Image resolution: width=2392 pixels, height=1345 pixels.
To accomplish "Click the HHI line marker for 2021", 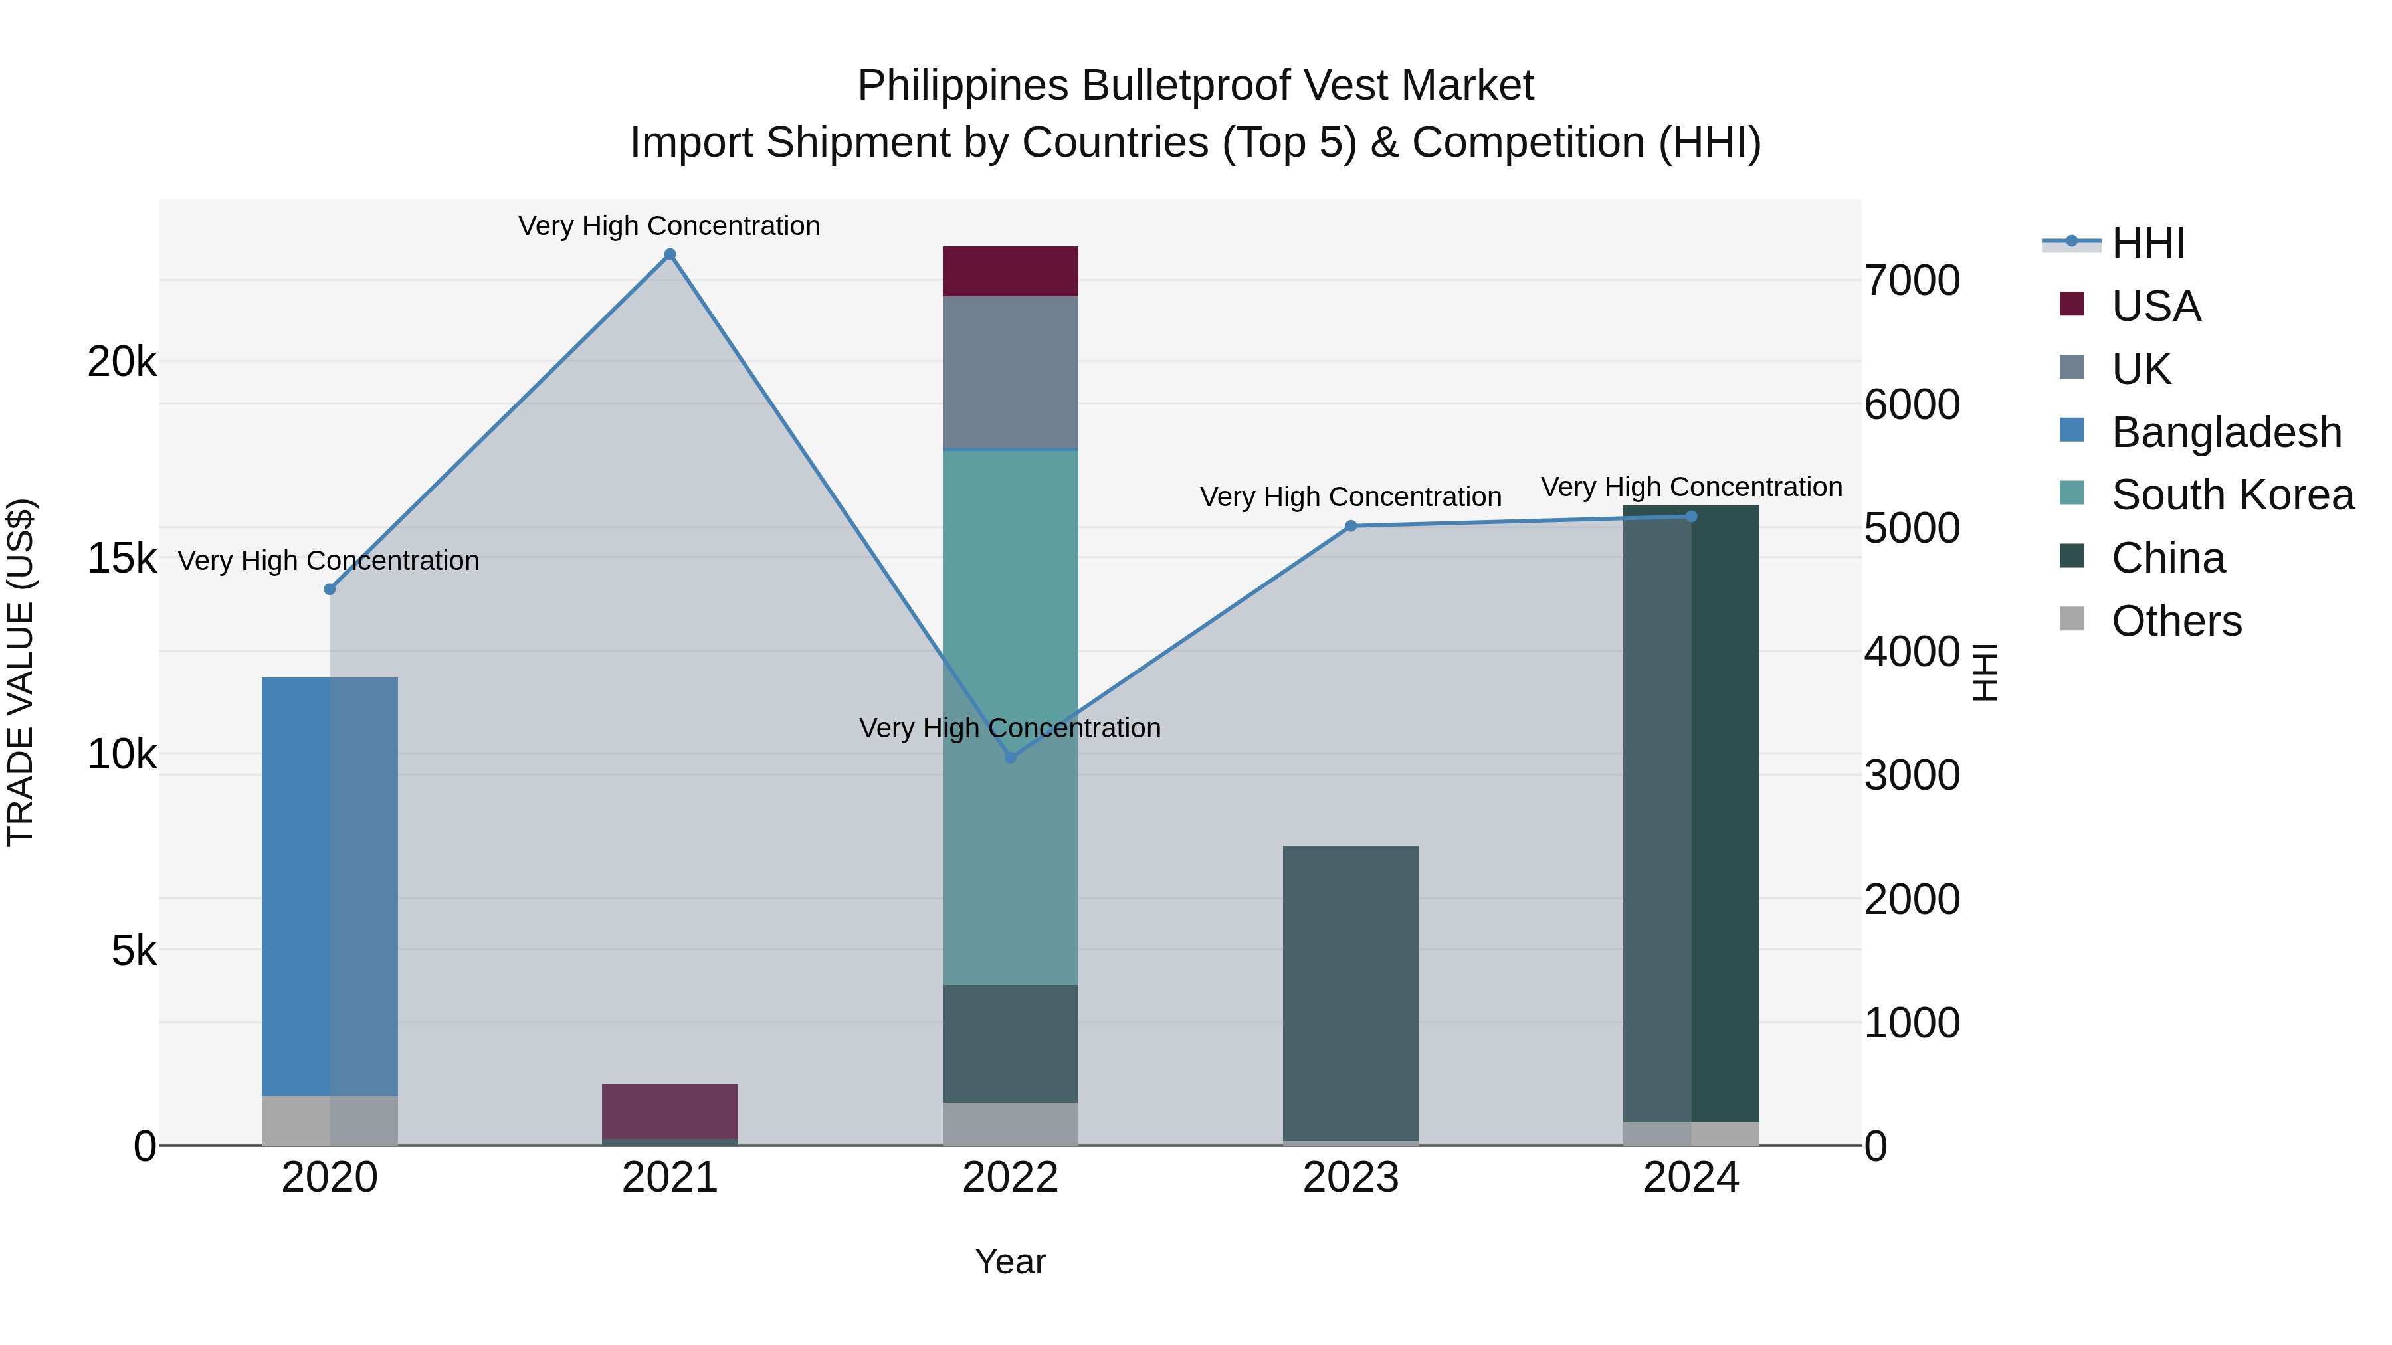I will pos(670,254).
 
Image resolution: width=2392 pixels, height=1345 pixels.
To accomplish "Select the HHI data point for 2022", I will pos(1010,757).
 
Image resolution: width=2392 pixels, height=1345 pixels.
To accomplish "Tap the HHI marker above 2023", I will pos(1351,526).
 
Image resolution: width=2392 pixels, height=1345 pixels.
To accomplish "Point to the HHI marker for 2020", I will pos(330,589).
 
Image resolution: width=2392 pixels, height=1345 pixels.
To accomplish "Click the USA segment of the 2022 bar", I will pos(1010,271).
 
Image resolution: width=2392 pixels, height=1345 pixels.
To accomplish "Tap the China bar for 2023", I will pos(1351,992).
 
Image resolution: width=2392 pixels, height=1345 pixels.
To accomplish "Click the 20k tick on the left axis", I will pos(122,361).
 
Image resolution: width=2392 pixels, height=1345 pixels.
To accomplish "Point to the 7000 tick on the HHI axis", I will pos(1912,280).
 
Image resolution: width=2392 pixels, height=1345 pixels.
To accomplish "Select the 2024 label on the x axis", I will pos(1691,1178).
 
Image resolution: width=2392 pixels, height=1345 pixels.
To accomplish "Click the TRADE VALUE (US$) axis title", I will pos(21,672).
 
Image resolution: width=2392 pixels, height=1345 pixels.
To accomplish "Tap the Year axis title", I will pos(1010,1261).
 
